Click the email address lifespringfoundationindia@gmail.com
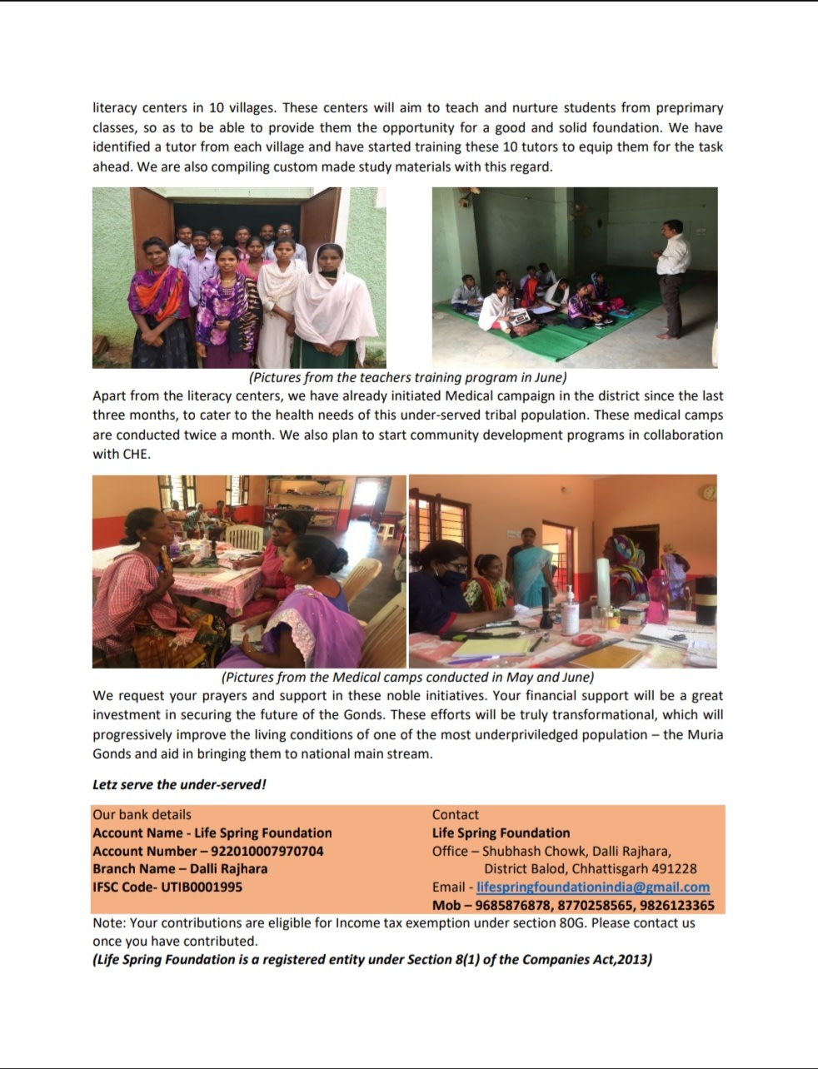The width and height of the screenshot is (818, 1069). [x=592, y=888]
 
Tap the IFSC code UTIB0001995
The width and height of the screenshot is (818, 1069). [x=202, y=887]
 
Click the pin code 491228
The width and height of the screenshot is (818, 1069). [x=676, y=869]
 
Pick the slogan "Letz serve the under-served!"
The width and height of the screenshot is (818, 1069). [x=179, y=784]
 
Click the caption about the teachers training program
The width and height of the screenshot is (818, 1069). [x=407, y=377]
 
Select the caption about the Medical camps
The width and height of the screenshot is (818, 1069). [x=407, y=677]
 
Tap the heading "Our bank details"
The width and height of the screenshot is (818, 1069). [x=142, y=814]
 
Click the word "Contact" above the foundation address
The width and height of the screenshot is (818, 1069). [x=455, y=814]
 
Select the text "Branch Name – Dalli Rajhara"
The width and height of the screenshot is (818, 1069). [x=180, y=868]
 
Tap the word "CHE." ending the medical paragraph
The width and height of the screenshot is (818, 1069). [x=134, y=455]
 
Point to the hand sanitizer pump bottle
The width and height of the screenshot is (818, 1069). [x=570, y=611]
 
